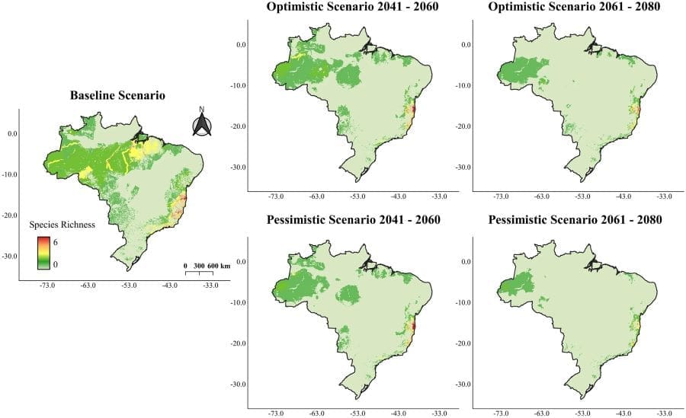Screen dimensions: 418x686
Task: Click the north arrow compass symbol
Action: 201,123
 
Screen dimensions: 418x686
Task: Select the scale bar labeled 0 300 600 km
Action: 207,268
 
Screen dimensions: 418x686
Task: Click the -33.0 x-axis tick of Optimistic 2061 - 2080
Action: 665,197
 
